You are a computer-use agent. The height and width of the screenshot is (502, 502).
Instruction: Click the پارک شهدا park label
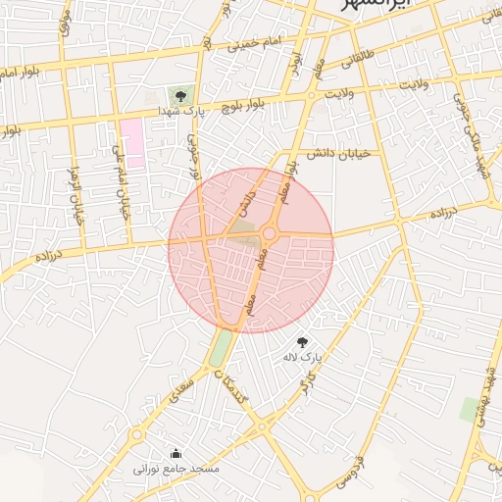182,113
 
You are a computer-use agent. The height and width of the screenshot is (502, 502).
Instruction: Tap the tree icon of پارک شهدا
179,95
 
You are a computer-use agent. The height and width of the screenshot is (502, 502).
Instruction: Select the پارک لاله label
304,359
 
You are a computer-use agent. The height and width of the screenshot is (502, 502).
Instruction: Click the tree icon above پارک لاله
302,342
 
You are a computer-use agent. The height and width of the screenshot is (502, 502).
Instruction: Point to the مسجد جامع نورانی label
177,470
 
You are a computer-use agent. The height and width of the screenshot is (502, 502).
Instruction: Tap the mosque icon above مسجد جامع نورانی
176,453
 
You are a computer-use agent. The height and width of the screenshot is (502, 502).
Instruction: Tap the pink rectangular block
132,143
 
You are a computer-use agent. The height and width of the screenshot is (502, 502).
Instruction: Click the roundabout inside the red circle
269,233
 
